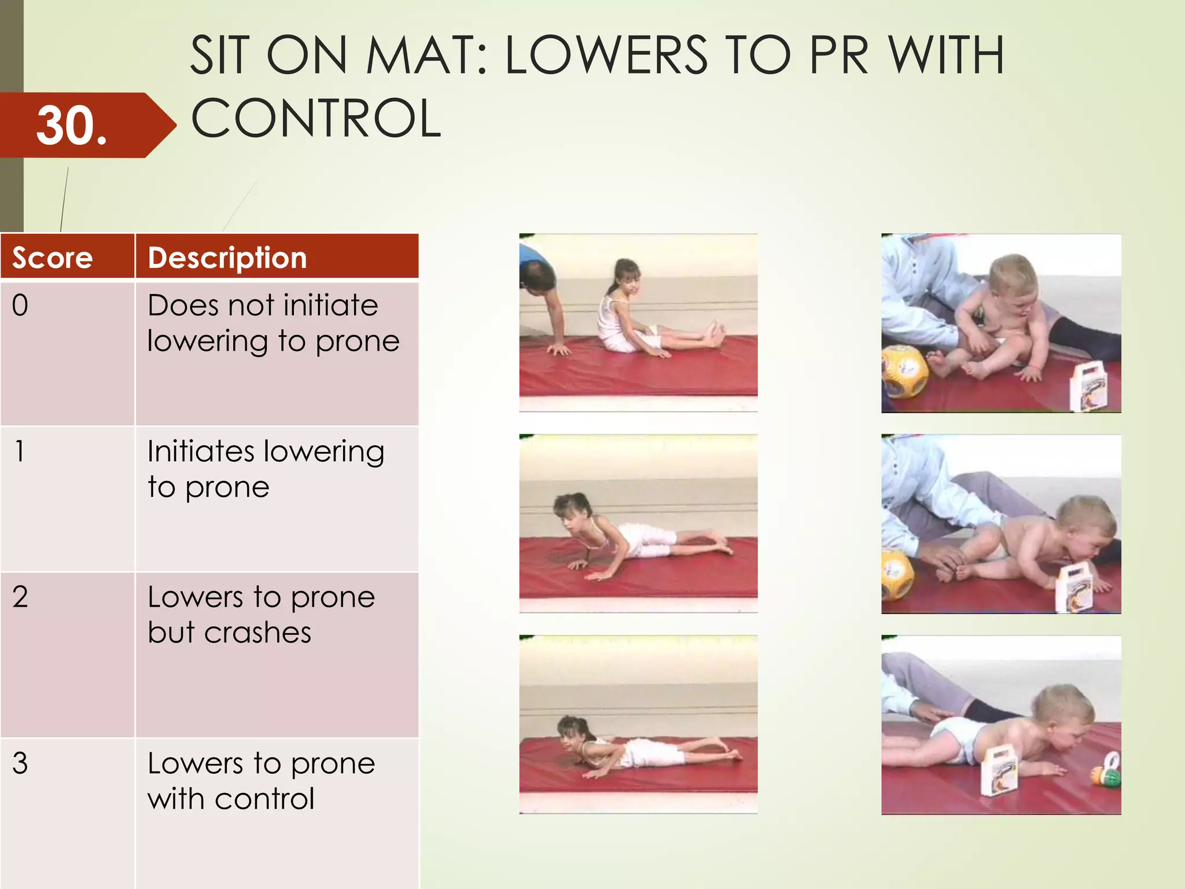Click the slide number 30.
pyautogui.click(x=72, y=126)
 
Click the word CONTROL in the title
pyautogui.click(x=316, y=118)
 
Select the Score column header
pyautogui.click(x=53, y=258)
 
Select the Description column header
pyautogui.click(x=227, y=258)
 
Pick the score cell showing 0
pyautogui.click(x=20, y=306)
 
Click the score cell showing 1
pyautogui.click(x=20, y=451)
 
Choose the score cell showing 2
pyautogui.click(x=20, y=597)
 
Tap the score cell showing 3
pyautogui.click(x=20, y=763)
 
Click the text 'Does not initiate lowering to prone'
pyautogui.click(x=273, y=323)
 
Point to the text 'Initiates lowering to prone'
pyautogui.click(x=265, y=469)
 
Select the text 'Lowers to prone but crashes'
pyautogui.click(x=261, y=614)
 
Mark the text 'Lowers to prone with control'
pyautogui.click(x=261, y=781)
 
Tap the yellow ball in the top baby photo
pyautogui.click(x=904, y=371)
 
